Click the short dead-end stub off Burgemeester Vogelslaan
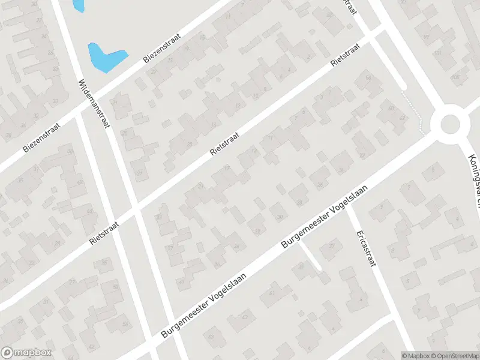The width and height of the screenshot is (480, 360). coord(311,256)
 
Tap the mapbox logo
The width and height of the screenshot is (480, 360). coord(26,352)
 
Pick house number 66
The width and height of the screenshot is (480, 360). coord(368,78)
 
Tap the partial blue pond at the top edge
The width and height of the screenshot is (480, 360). coord(77,5)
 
